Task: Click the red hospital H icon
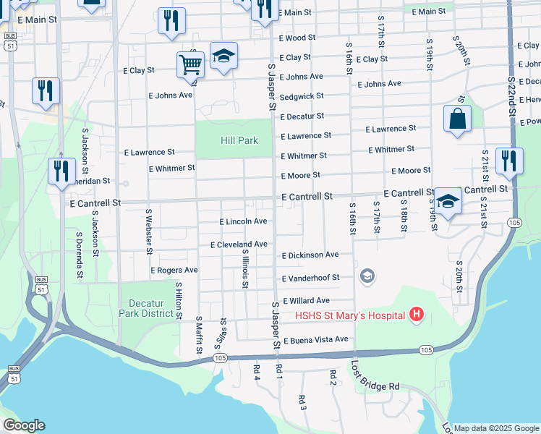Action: click(x=416, y=315)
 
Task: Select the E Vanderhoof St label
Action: click(x=315, y=278)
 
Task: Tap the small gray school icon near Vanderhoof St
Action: click(x=367, y=276)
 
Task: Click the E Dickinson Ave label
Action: click(x=310, y=255)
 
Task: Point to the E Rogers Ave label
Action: click(x=174, y=270)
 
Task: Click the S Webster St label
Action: click(x=148, y=231)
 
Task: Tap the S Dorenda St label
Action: click(x=80, y=255)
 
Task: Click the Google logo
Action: click(x=24, y=425)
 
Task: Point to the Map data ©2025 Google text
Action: click(x=497, y=428)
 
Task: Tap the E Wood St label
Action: click(x=296, y=37)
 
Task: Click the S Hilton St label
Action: click(x=179, y=299)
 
